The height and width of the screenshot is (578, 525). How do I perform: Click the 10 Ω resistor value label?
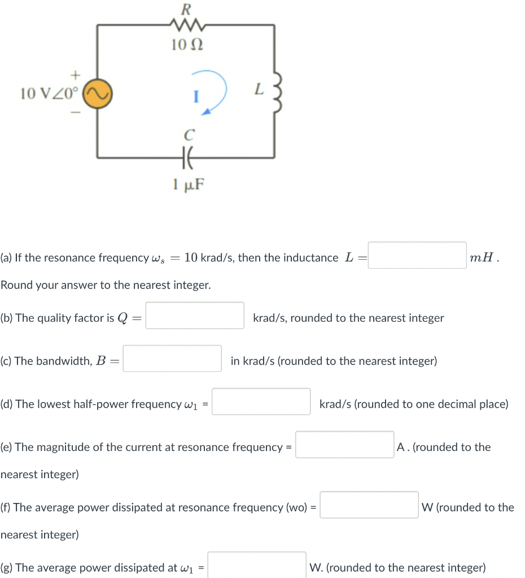pos(187,45)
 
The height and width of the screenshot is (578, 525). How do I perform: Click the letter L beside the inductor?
pos(259,89)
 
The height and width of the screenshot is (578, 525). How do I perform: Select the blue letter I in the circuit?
pos(195,97)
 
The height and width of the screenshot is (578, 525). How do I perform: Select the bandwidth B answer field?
pos(172,359)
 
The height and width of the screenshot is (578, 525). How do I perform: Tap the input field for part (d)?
pos(261,402)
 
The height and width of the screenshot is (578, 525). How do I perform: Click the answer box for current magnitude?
pos(344,445)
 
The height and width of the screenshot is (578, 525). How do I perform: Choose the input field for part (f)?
pos(369,505)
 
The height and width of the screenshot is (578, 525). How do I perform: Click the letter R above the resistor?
pos(186,8)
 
